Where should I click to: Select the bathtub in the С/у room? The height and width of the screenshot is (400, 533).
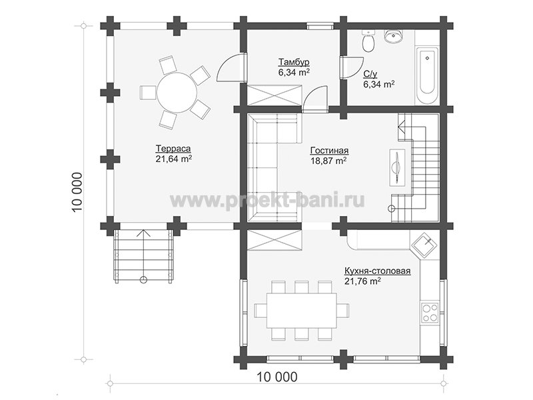pos(426,75)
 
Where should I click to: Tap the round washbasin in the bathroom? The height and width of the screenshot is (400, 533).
pos(393,36)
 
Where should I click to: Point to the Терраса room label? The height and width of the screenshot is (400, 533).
pos(173,149)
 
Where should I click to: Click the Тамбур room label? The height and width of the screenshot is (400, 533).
pos(294,62)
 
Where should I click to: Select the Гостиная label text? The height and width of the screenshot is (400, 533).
pos(329,151)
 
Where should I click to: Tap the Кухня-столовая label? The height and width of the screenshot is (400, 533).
pos(377,271)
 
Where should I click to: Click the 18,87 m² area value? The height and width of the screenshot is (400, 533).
pos(328,161)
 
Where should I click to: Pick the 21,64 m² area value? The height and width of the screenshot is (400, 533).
pos(174,159)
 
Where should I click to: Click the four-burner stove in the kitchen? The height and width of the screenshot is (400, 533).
pos(430,313)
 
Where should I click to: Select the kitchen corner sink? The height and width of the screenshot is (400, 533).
pos(424,245)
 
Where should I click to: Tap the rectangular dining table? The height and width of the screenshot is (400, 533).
pos(302,310)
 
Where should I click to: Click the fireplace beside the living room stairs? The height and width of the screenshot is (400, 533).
pos(397,167)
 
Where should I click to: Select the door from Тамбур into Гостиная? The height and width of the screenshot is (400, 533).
pos(315,98)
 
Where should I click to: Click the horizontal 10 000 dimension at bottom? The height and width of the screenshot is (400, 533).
pos(276,377)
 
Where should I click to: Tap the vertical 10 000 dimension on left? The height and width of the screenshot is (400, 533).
pos(77,192)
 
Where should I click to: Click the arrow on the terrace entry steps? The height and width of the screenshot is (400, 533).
pos(144,255)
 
